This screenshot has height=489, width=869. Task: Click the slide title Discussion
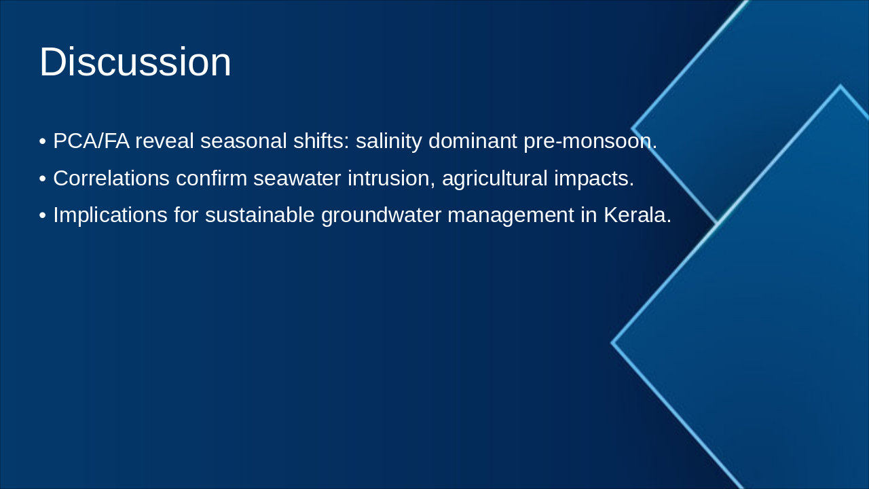(x=135, y=62)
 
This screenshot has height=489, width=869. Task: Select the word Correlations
(x=111, y=178)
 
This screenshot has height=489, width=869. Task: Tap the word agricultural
(x=497, y=178)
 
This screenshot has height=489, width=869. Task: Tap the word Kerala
(x=637, y=215)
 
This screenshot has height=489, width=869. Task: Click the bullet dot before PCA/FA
(x=43, y=142)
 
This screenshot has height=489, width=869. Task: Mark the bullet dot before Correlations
(x=43, y=179)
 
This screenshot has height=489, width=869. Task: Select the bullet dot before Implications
(x=43, y=215)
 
